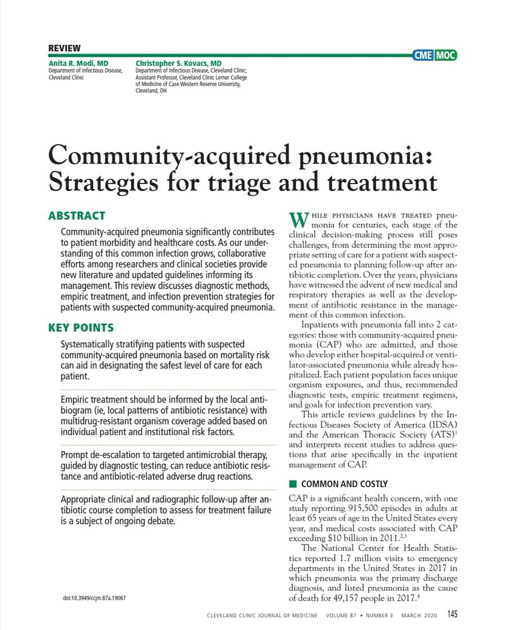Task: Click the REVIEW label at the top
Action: (64, 48)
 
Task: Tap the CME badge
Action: (423, 56)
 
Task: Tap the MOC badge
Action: (445, 56)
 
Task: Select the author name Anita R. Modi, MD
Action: (78, 64)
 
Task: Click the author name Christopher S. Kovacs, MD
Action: (178, 64)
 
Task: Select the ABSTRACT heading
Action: (77, 216)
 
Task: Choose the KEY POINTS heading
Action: (81, 328)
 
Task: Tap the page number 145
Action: (452, 614)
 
